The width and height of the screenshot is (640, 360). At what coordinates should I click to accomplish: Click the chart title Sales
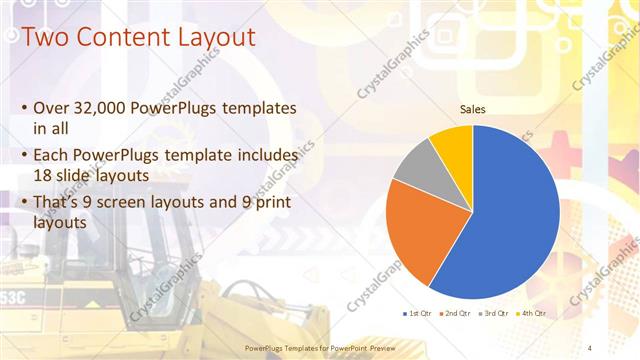click(473, 109)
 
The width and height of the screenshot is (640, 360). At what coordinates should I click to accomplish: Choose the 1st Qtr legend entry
click(414, 313)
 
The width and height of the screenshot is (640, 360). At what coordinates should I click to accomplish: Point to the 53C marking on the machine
click(12, 298)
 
